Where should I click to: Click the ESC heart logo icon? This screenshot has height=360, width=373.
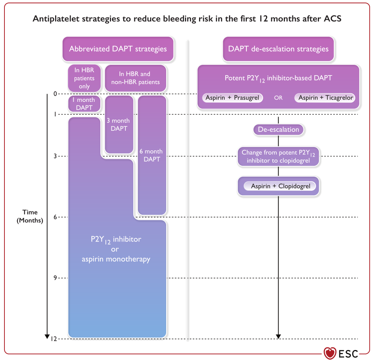pyautogui.click(x=330, y=353)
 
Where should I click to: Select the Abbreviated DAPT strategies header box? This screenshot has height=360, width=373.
pyautogui.click(x=118, y=49)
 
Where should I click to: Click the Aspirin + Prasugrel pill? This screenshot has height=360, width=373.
pyautogui.click(x=232, y=98)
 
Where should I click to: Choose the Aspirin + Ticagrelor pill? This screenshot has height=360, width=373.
pyautogui.click(x=325, y=98)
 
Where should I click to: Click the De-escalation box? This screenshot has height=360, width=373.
pyautogui.click(x=278, y=130)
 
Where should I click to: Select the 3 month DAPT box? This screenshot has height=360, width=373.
pyautogui.click(x=119, y=124)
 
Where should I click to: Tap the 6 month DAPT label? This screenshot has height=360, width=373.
pyautogui.click(x=152, y=156)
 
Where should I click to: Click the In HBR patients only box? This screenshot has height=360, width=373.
pyautogui.click(x=84, y=78)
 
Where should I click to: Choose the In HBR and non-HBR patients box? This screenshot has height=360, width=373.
pyautogui.click(x=135, y=78)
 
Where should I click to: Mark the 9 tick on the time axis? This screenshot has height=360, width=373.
pyautogui.click(x=55, y=278)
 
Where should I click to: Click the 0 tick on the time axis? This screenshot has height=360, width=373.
pyautogui.click(x=55, y=94)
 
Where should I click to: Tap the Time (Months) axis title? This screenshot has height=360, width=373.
pyautogui.click(x=30, y=216)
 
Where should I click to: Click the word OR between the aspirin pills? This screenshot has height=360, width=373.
pyautogui.click(x=278, y=98)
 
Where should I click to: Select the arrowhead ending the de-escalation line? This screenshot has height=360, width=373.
pyautogui.click(x=278, y=336)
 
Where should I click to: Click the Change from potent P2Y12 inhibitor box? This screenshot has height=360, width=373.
pyautogui.click(x=278, y=156)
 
